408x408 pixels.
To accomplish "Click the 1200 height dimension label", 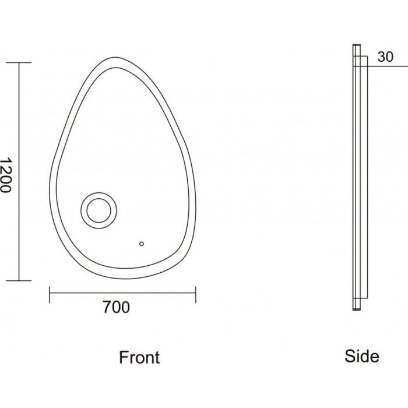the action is tap(5, 175).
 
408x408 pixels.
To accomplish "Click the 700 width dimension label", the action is tap(116, 307).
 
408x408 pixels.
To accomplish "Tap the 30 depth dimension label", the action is tap(385, 57).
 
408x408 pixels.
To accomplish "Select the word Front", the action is tap(139, 357).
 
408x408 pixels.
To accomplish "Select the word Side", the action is tap(362, 356).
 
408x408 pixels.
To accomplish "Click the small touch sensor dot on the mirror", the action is tap(142, 244).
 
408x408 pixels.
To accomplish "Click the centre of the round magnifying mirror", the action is tap(99, 210).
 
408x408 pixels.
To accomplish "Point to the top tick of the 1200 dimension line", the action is tap(19, 63).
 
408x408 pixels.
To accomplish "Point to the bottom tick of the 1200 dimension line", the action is tap(19, 281).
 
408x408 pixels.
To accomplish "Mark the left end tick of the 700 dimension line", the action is tap(50, 294).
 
